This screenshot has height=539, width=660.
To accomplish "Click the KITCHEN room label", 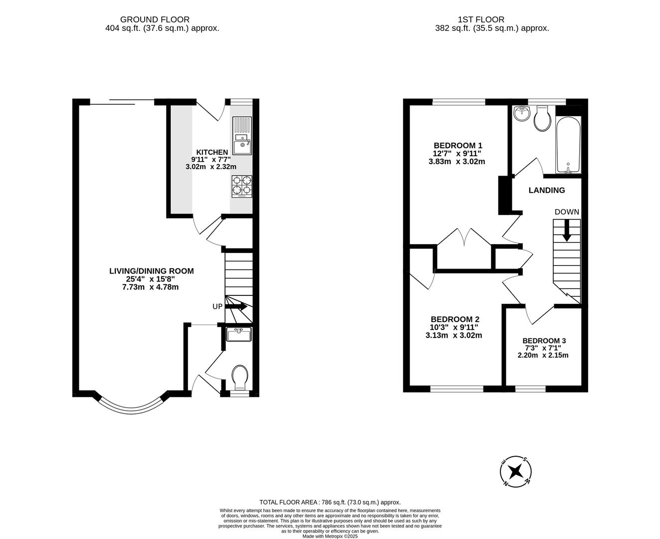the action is [x=212, y=152].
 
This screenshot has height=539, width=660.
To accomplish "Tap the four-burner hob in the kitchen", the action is [x=242, y=186].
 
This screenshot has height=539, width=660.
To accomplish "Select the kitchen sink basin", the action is [x=242, y=148].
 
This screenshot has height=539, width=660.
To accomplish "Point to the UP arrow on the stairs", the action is [x=236, y=307].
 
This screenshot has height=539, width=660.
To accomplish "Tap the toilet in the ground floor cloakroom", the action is [x=240, y=377].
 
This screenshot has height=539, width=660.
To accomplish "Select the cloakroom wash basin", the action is [x=239, y=334].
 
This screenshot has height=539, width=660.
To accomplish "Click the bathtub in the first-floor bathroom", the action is [x=568, y=145].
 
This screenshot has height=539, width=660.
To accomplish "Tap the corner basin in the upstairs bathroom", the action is [x=521, y=113].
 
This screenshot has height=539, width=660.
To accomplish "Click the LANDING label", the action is [x=547, y=190].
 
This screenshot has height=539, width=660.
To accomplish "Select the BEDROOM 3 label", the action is [x=544, y=340].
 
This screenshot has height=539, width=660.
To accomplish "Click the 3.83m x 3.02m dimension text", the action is [x=457, y=162].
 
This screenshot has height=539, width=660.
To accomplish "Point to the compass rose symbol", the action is [x=515, y=472].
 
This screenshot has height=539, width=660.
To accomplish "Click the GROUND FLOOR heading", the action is [x=155, y=20].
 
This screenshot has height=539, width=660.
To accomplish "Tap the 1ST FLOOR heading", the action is [x=481, y=20].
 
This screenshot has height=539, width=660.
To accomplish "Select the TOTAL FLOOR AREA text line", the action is [x=330, y=502].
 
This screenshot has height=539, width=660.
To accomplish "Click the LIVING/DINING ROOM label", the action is [x=152, y=271].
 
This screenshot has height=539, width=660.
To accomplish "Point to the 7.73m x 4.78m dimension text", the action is [x=150, y=287].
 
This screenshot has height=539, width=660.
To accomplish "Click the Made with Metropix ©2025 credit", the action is [x=330, y=536].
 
